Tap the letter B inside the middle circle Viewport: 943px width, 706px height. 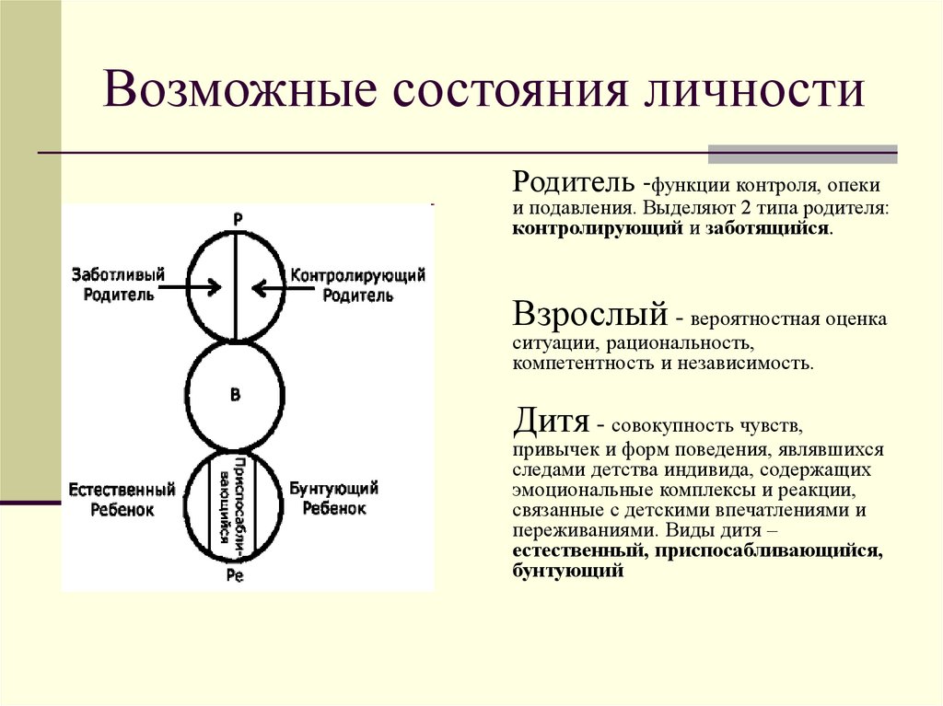coord(235,395)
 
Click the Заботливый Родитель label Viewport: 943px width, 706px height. coord(118,285)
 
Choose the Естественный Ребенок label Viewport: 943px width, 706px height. coord(122,498)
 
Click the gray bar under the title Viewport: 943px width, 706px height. coord(801,154)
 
